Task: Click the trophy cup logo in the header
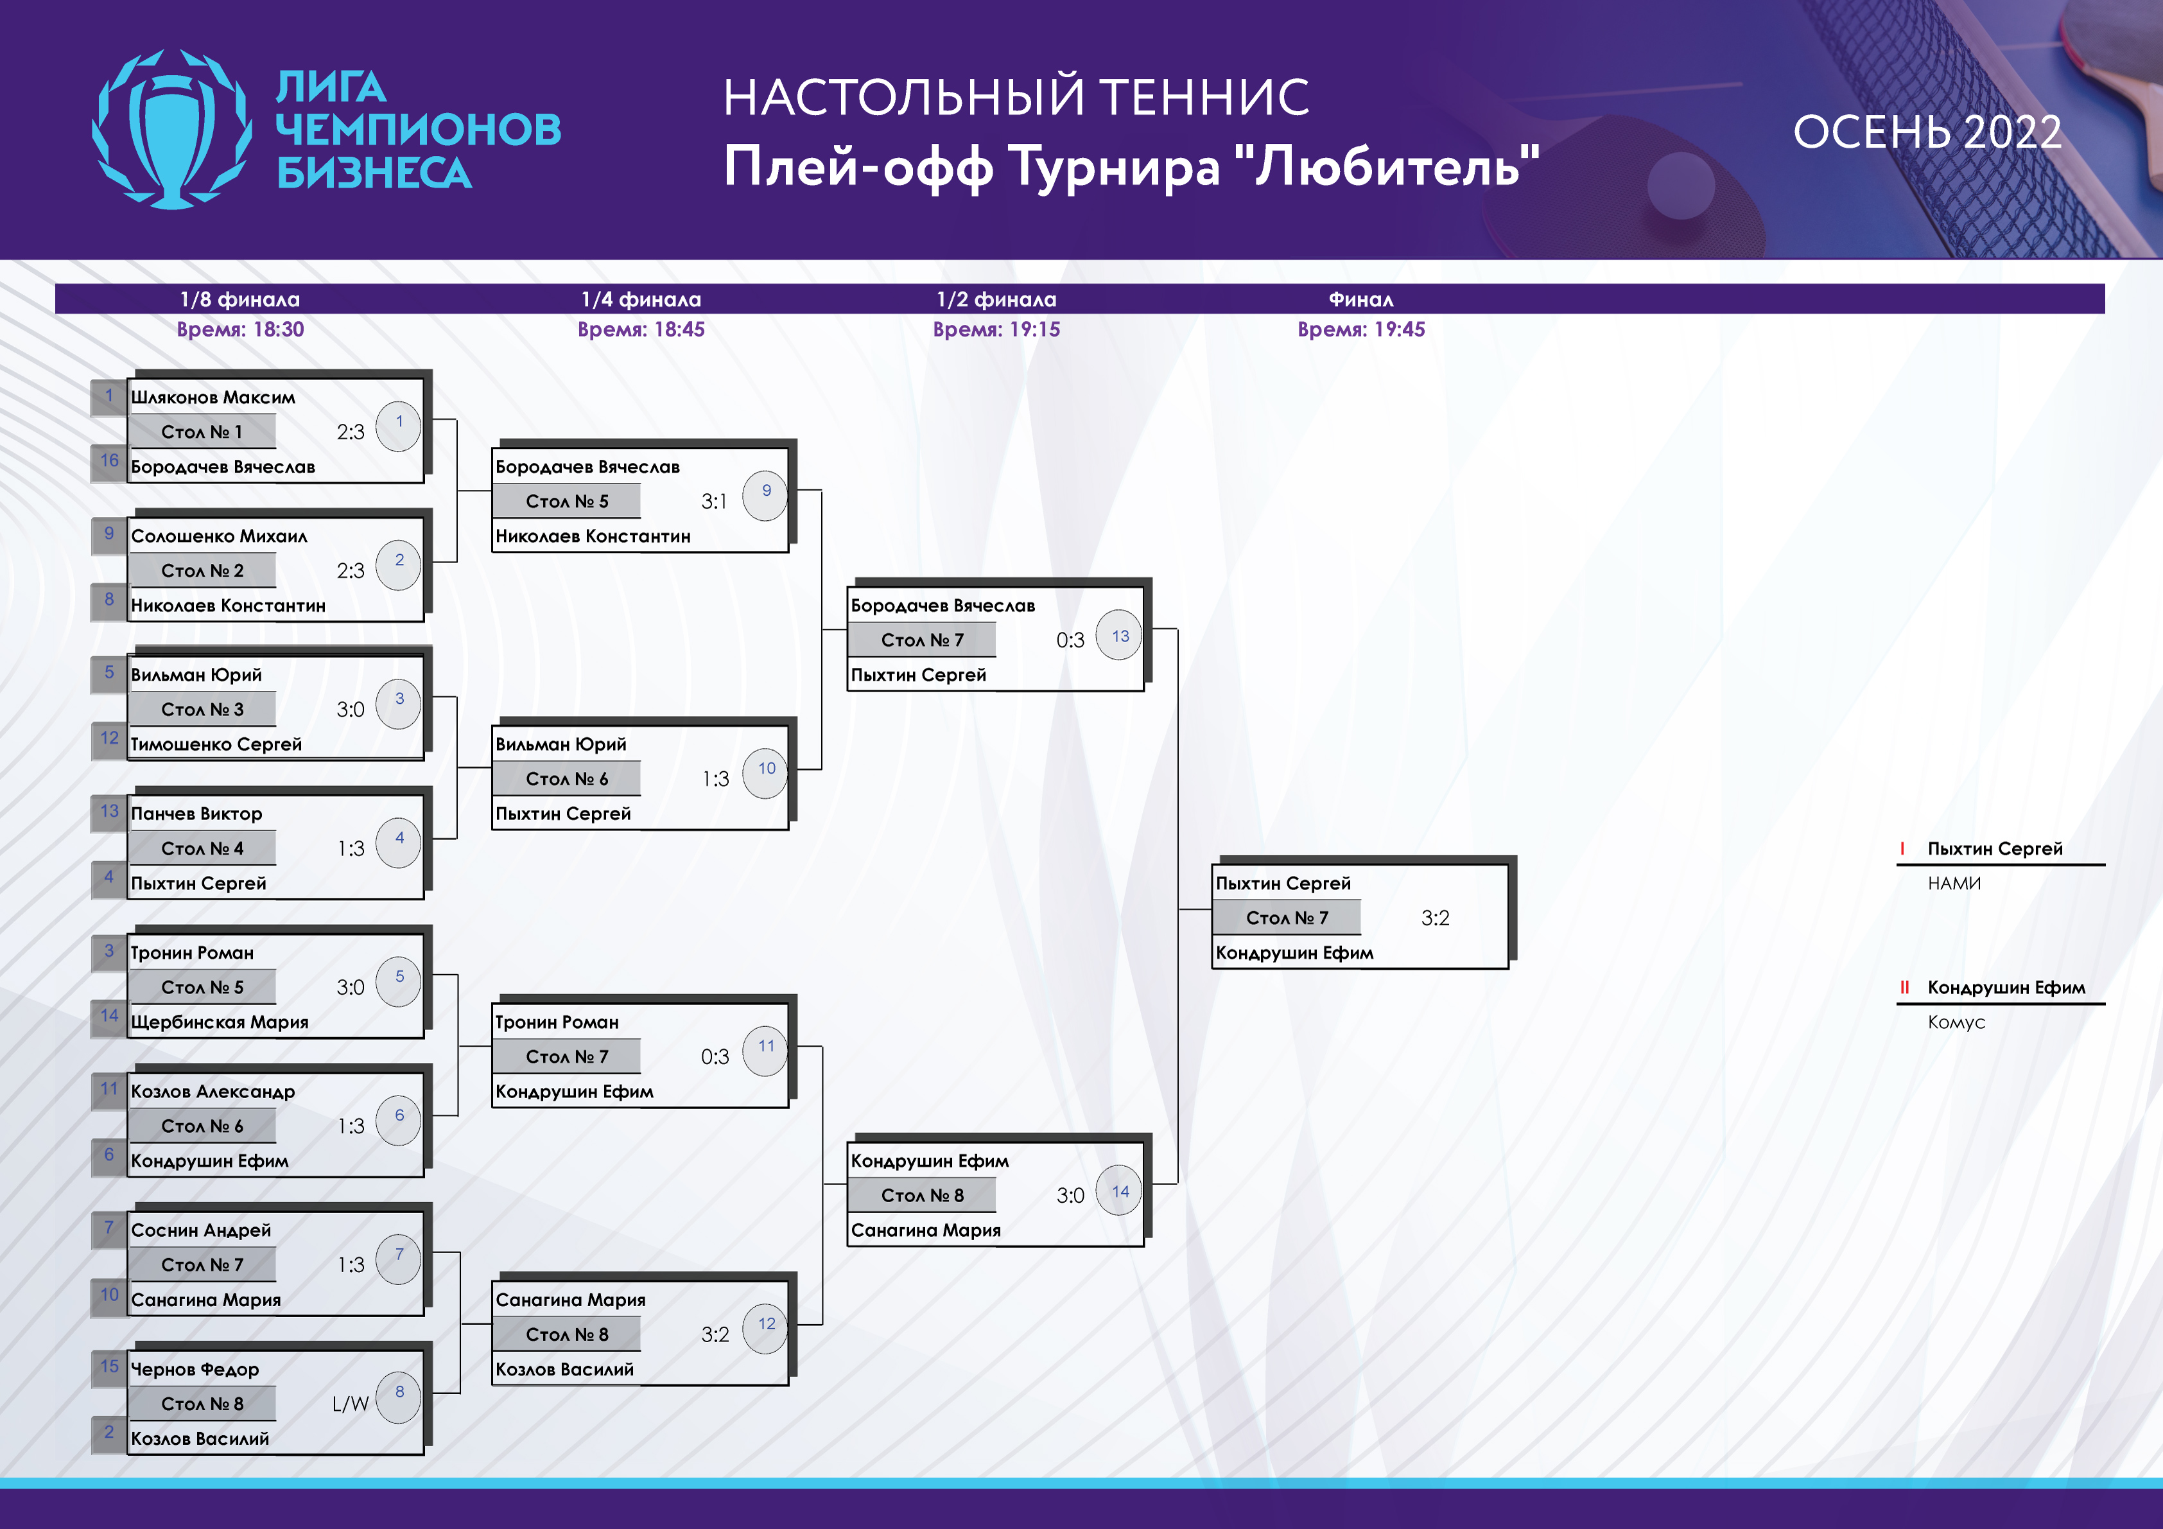[173, 129]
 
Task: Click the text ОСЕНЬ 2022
[1927, 132]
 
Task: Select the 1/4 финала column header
[641, 300]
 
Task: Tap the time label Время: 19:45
[1360, 329]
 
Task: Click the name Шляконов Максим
[213, 398]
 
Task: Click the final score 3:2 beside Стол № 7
[1435, 918]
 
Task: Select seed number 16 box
[109, 462]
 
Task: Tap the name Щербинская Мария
[220, 1022]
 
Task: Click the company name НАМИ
[1954, 884]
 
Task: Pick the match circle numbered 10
[766, 773]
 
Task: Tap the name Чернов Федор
[195, 1369]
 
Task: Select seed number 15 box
[109, 1368]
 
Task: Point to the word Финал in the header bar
[1360, 300]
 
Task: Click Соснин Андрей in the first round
[201, 1230]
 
